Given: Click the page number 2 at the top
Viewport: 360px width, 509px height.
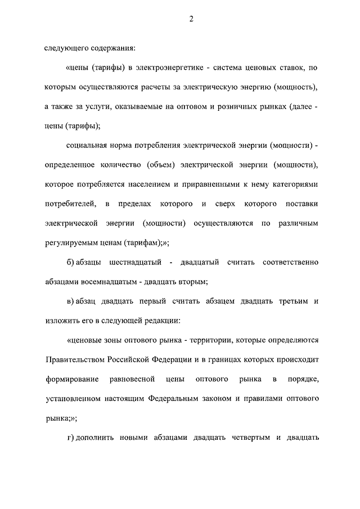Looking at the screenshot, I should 191,19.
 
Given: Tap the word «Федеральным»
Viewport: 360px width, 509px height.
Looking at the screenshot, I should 174,399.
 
